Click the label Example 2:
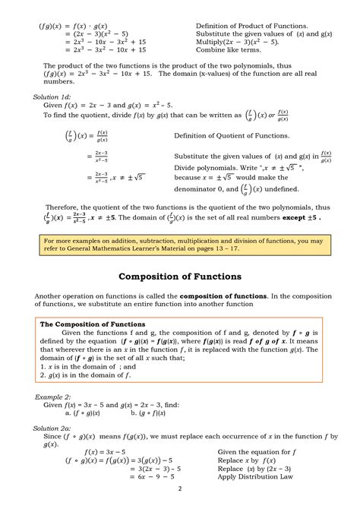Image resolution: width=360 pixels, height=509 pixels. (53, 397)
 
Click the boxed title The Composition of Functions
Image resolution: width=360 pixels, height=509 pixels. (92, 324)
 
